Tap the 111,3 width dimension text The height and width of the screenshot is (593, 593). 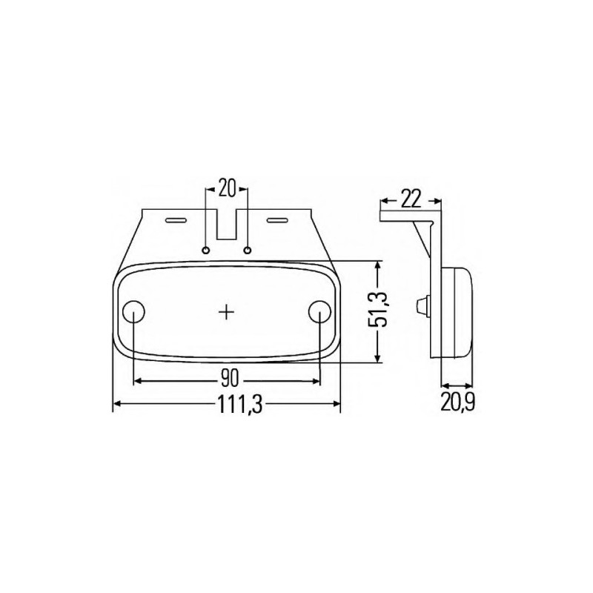click(x=228, y=405)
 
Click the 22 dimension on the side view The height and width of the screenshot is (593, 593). click(x=411, y=199)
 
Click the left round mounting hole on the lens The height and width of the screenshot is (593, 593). click(x=133, y=311)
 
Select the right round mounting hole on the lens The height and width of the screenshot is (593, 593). click(x=319, y=311)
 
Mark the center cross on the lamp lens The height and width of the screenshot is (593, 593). click(x=227, y=312)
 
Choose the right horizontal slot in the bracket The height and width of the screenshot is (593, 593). click(x=277, y=220)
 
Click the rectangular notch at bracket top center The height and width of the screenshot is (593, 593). click(x=227, y=227)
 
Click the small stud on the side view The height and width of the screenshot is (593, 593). click(x=423, y=304)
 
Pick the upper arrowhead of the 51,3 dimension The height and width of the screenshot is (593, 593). click(x=379, y=265)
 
